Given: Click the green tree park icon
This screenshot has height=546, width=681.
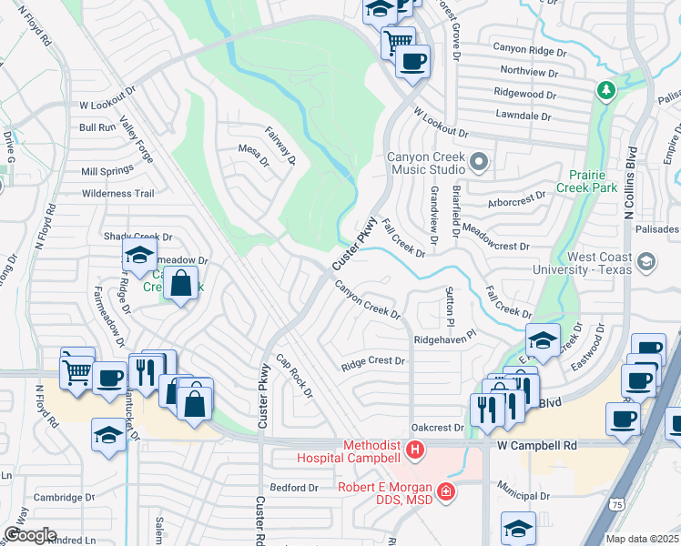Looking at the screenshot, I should [x=605, y=90].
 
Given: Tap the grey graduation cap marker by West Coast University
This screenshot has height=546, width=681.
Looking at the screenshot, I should [x=646, y=263].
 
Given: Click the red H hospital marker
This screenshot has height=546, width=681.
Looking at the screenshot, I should [x=415, y=449].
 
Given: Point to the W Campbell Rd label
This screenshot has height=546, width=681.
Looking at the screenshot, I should [x=538, y=446].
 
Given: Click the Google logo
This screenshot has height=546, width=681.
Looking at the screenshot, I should [x=30, y=535].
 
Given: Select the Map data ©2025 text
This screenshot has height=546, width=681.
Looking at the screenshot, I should [x=641, y=539].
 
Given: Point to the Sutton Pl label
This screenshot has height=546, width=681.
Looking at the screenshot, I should [x=449, y=306].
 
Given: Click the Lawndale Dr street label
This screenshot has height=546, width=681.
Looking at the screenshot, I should [x=522, y=116].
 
